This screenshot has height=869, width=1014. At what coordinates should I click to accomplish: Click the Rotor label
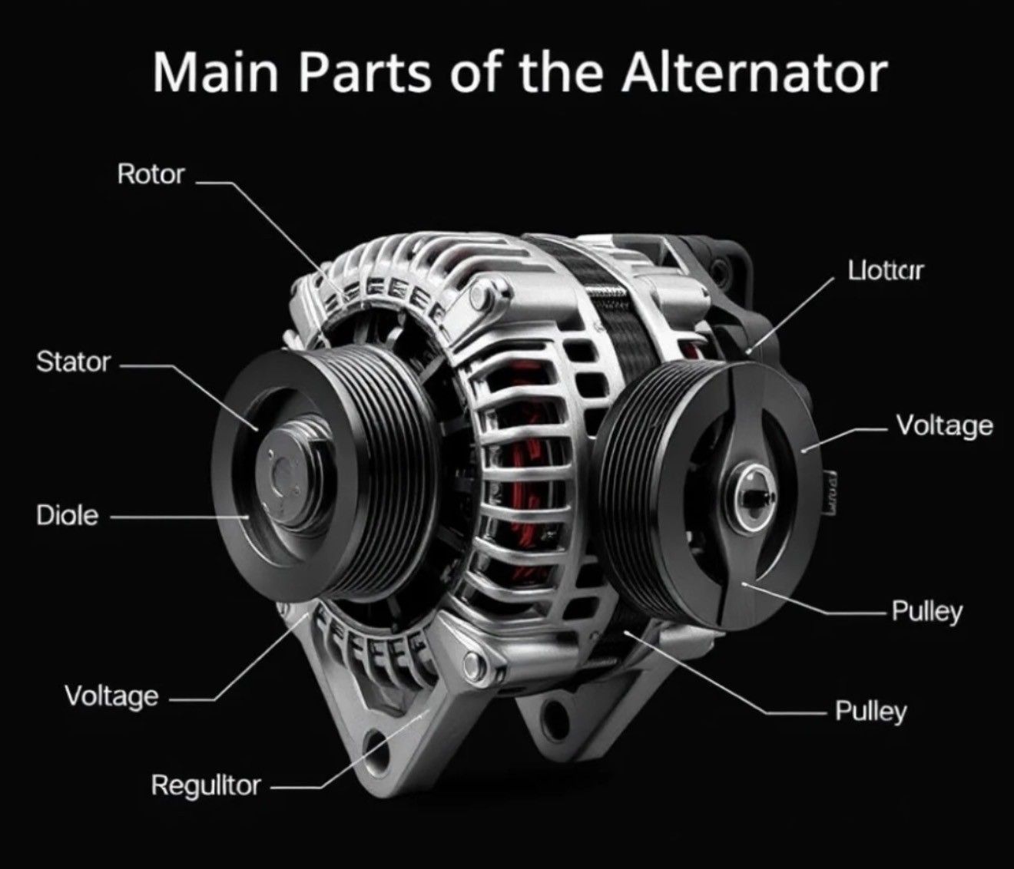pyautogui.click(x=151, y=175)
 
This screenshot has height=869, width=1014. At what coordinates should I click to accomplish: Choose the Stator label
pyautogui.click(x=74, y=362)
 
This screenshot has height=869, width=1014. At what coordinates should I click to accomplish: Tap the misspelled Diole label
pyautogui.click(x=68, y=515)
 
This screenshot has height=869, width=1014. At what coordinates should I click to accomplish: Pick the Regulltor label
pyautogui.click(x=206, y=785)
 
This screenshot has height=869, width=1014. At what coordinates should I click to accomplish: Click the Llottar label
pyautogui.click(x=886, y=270)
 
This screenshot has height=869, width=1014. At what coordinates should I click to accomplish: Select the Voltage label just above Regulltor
pyautogui.click(x=112, y=696)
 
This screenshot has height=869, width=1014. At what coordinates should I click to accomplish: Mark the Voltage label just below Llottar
pyautogui.click(x=944, y=425)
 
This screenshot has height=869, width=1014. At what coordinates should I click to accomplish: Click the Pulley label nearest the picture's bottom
pyautogui.click(x=871, y=712)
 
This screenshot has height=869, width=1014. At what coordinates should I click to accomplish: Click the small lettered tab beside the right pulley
pyautogui.click(x=830, y=491)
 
